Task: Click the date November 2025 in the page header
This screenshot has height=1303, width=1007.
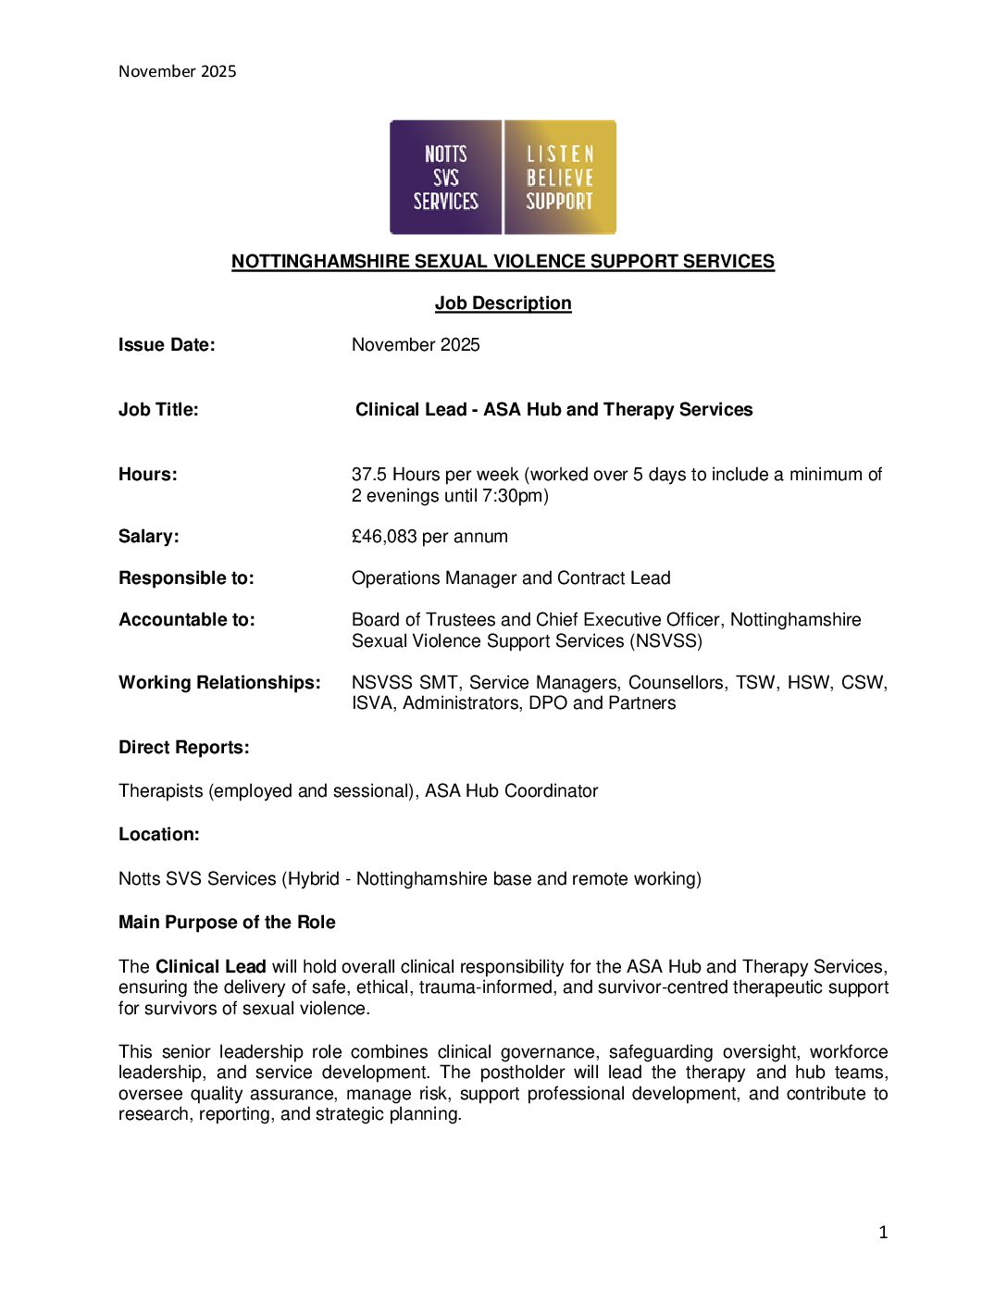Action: pos(177,71)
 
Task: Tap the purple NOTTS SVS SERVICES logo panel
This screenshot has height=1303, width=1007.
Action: pos(445,177)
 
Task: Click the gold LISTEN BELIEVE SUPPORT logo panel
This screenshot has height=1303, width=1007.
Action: pos(560,177)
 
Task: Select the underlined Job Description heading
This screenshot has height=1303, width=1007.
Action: pos(503,303)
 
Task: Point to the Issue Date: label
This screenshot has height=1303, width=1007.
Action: pos(167,344)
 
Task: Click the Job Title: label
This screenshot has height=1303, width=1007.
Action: pos(158,409)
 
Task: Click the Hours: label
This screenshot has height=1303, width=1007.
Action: pos(147,474)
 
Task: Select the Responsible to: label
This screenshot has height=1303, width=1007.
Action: pos(186,577)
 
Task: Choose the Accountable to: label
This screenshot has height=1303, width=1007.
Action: pos(186,619)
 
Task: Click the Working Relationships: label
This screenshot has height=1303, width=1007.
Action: pos(219,682)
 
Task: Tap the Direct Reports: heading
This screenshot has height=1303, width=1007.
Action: pos(183,747)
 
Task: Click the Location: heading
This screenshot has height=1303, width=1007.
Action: pos(158,834)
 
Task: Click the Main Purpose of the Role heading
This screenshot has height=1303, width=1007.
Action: pos(227,922)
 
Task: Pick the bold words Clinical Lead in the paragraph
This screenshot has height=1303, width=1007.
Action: pos(210,966)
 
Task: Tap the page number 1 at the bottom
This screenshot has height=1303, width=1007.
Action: pos(883,1232)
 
